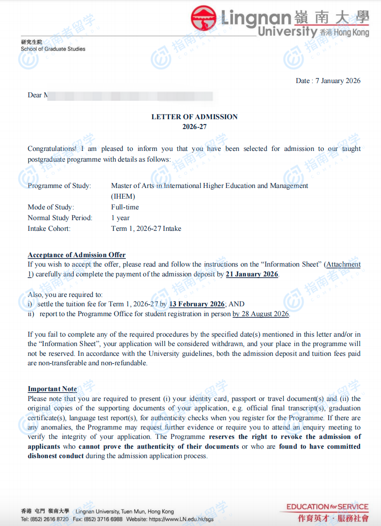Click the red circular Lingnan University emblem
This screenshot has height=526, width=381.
coord(204,18)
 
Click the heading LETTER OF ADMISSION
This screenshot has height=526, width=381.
coord(194,117)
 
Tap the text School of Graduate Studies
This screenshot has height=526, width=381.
coord(53,49)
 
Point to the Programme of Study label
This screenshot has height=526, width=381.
coord(59,186)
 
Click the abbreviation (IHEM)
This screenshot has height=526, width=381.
coord(123,196)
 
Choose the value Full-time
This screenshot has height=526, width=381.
coord(125,207)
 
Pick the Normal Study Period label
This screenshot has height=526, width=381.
coord(60,218)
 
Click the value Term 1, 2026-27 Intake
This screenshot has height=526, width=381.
coord(146,229)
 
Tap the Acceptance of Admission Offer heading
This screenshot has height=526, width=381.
coord(77,255)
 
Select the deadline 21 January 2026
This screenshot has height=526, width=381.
coord(252,274)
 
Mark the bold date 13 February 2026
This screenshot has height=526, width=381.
coord(197,304)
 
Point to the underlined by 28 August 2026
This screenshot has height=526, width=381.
coord(261,314)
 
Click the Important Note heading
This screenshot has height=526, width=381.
coord(52,389)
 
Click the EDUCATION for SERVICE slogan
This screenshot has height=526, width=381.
coord(327,507)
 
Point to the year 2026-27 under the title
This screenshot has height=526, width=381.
coord(194,127)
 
